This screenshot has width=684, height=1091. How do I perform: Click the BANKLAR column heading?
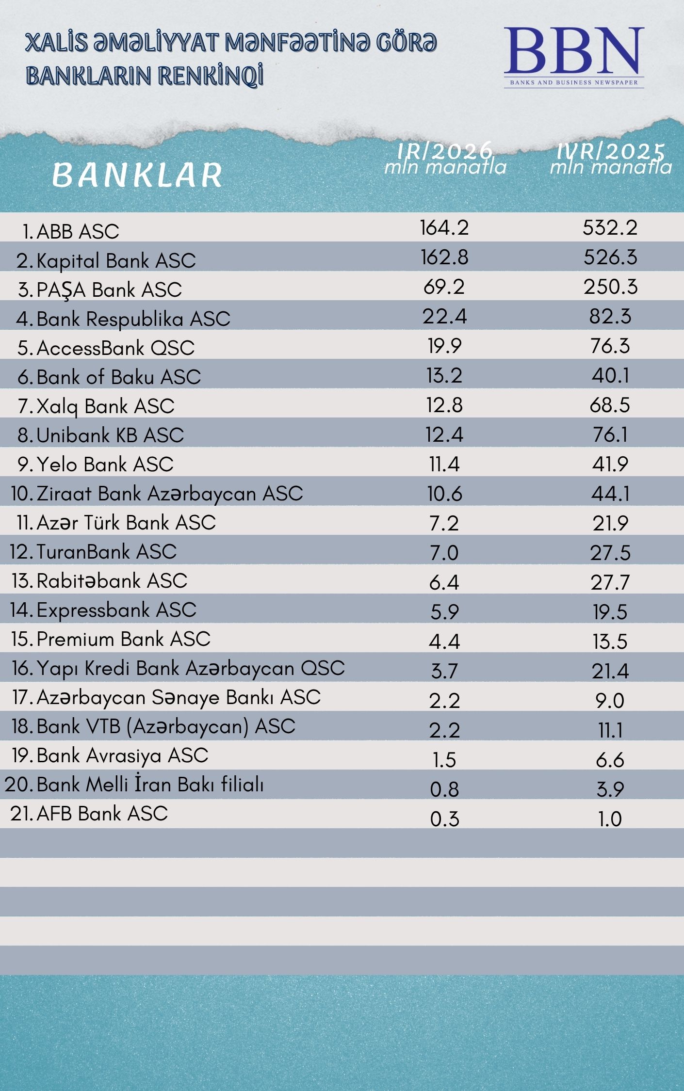[137, 175]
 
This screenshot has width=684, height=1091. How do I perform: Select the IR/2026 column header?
[445, 159]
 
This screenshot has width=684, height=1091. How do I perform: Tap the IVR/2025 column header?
[610, 159]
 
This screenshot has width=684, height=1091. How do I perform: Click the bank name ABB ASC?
[78, 232]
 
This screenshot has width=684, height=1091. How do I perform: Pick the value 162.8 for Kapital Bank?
[444, 257]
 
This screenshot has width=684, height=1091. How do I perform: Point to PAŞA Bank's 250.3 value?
[610, 287]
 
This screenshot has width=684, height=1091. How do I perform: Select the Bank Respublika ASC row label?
[133, 319]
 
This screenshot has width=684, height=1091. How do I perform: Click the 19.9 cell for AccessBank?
[444, 346]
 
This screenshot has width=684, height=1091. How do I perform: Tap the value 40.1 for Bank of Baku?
[610, 375]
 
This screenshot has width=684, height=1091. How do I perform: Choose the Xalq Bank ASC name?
[105, 406]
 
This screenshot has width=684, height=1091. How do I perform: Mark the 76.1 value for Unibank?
[610, 434]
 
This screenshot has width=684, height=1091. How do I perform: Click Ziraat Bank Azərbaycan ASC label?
[169, 494]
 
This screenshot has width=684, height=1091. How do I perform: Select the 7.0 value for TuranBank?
[444, 553]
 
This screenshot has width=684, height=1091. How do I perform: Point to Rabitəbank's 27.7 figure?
[610, 582]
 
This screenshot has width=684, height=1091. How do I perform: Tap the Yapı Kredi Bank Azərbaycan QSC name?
[190, 668]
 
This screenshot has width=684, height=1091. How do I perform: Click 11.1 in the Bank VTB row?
[610, 730]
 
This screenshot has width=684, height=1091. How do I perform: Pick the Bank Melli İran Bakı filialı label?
[150, 785]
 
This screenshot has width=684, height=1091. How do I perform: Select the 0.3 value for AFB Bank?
[444, 818]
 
